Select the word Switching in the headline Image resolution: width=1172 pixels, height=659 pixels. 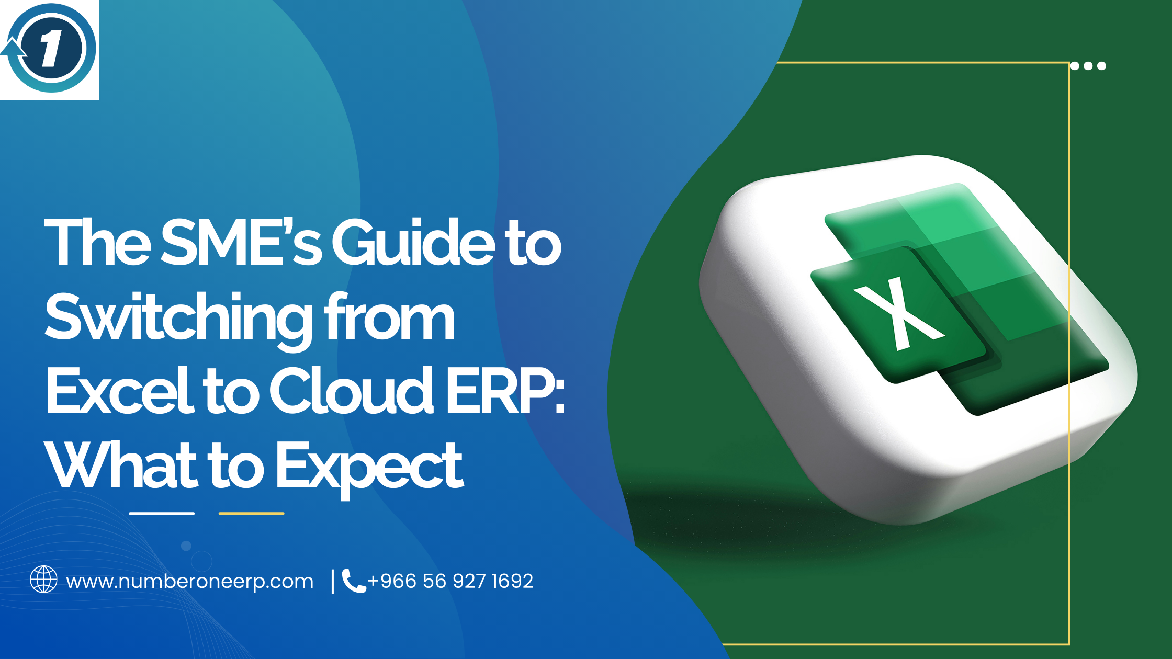(x=178, y=318)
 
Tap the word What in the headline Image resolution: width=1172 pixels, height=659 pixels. (x=120, y=465)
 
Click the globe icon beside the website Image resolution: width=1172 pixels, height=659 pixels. (x=43, y=580)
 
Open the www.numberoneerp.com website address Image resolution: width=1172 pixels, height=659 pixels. (x=189, y=582)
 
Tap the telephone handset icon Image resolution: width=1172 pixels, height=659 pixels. (x=353, y=581)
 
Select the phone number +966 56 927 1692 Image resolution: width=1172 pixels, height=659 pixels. (x=450, y=581)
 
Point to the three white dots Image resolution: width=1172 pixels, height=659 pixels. (x=1088, y=66)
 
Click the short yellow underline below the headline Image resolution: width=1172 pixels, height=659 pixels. (x=251, y=514)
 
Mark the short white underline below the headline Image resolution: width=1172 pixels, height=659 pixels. (x=162, y=514)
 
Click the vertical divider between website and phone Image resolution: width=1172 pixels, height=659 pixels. (x=333, y=582)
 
